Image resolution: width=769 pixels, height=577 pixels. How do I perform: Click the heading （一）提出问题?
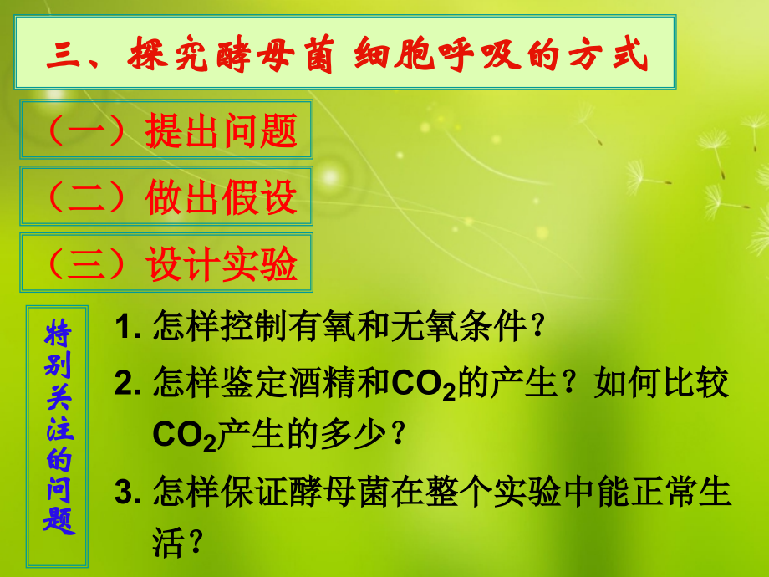click(x=167, y=130)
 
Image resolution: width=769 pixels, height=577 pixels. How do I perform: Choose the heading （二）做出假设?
click(x=167, y=197)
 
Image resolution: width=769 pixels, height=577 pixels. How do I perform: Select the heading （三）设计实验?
click(x=167, y=265)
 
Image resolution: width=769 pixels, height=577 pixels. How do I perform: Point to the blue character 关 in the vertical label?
click(x=58, y=397)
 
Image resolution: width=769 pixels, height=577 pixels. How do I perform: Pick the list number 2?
click(x=126, y=382)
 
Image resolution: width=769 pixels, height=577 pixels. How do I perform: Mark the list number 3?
click(x=126, y=493)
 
